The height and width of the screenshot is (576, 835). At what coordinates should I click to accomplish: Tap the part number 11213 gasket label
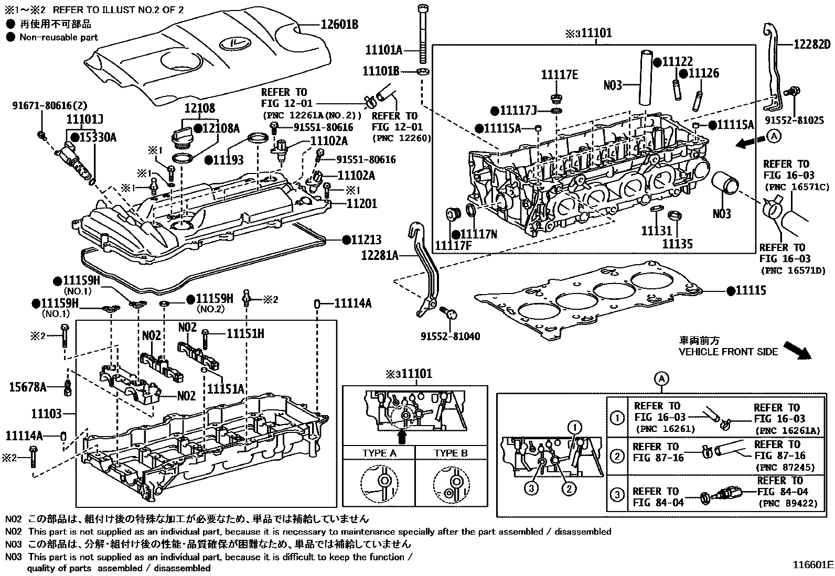pos(366,240)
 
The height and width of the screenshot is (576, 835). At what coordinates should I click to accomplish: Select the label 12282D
pos(807,45)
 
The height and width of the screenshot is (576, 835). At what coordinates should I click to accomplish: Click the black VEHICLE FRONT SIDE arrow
pos(797,350)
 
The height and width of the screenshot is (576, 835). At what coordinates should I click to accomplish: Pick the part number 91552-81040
pos(450,336)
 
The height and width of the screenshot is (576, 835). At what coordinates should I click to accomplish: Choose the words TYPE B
pos(451,453)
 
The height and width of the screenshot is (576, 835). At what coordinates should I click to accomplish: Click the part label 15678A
pos(28,387)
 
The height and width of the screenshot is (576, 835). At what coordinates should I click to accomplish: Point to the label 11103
pos(46,414)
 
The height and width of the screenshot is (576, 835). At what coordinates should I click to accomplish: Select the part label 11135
pos(677,244)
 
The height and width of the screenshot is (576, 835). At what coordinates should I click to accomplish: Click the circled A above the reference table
pos(662,378)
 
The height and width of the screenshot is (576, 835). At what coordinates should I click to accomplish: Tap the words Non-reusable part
pos(58,37)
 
